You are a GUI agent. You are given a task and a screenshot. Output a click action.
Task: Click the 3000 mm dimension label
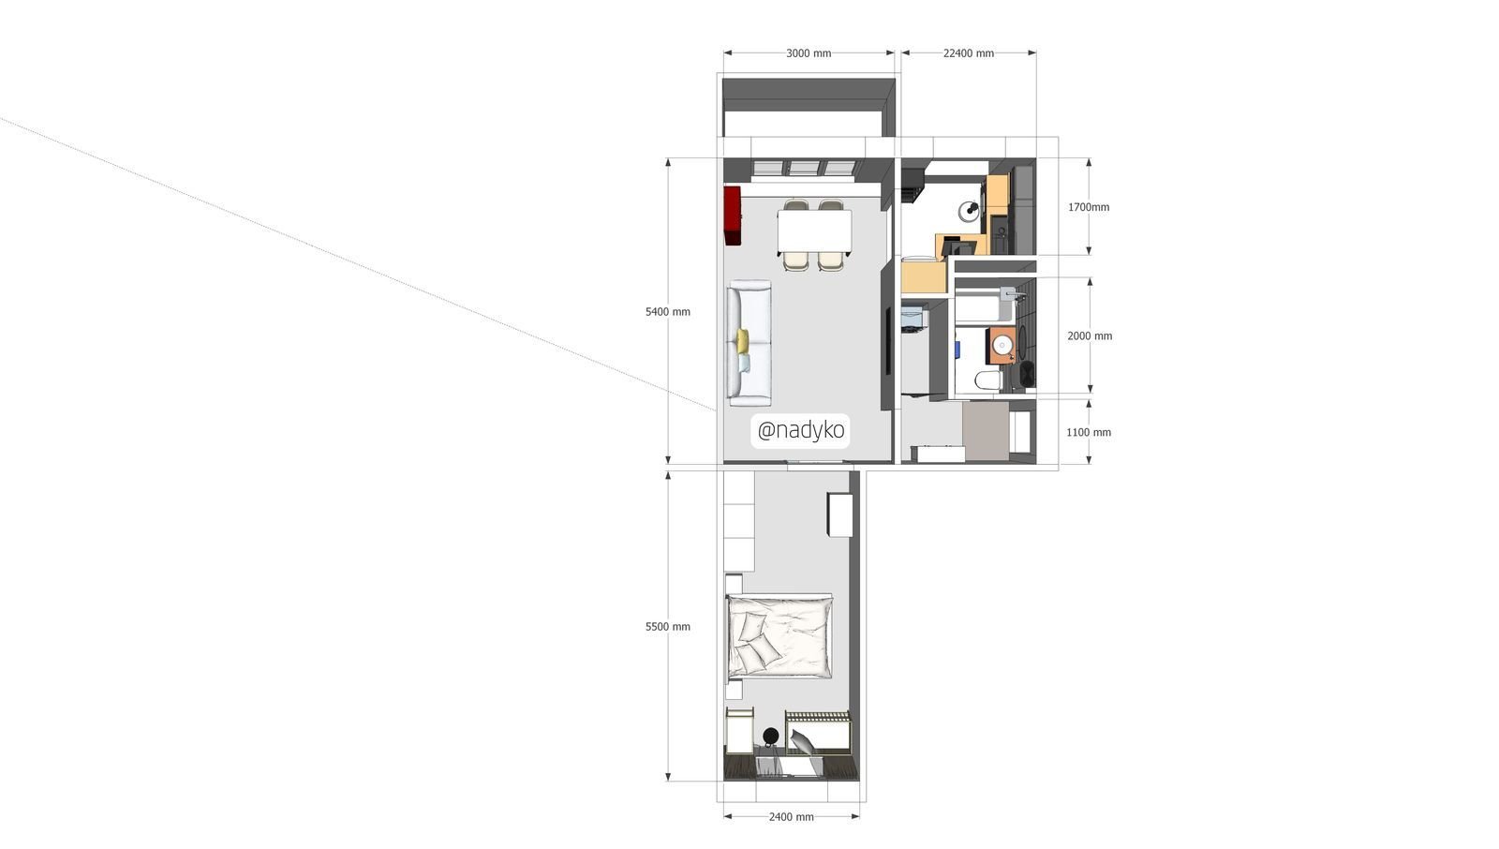point(809,53)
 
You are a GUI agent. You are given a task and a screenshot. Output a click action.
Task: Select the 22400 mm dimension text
point(969,53)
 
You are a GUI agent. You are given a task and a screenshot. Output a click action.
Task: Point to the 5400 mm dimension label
point(667,311)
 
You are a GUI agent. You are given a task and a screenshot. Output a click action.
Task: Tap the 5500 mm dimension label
point(667,627)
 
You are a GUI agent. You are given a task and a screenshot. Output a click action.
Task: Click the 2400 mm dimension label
point(791,817)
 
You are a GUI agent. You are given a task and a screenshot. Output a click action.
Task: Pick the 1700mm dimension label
point(1088,207)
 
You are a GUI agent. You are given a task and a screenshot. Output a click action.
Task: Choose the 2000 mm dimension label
point(1090,336)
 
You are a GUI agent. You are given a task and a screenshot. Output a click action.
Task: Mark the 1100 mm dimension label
point(1088,433)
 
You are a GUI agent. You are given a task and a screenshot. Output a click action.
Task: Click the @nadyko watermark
point(800,430)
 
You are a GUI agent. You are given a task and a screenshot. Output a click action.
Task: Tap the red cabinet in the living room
point(732,216)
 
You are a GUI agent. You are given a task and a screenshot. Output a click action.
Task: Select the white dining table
point(814,232)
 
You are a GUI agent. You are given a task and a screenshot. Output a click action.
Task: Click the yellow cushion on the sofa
point(743,340)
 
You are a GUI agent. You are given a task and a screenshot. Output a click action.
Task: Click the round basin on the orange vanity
point(1002,345)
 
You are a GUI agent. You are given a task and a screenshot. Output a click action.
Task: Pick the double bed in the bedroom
point(779,637)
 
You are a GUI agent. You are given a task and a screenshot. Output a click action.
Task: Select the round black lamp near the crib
point(770,736)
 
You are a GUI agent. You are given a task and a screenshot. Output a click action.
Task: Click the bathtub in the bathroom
point(983,305)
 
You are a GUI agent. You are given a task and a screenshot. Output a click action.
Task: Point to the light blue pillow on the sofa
point(744,364)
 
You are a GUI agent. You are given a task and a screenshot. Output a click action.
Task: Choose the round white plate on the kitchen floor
point(969,211)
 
